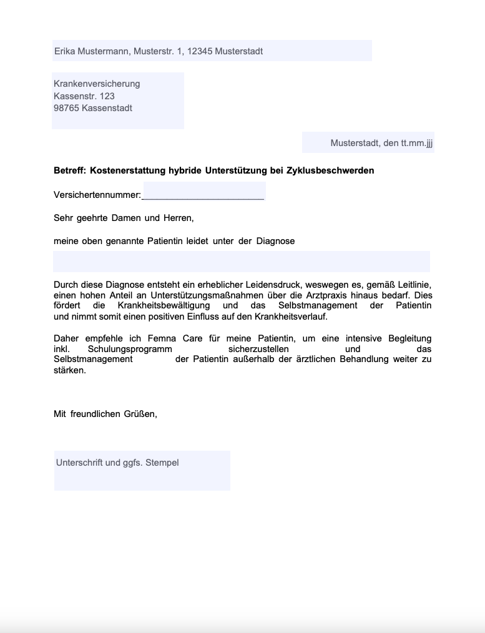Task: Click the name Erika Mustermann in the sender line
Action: pyautogui.click(x=92, y=51)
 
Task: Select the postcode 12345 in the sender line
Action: pyautogui.click(x=200, y=51)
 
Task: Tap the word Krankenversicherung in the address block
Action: pyautogui.click(x=97, y=84)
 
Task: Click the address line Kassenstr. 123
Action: pyautogui.click(x=84, y=96)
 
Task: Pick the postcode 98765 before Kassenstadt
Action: pyautogui.click(x=66, y=108)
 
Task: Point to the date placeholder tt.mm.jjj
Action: pyautogui.click(x=417, y=143)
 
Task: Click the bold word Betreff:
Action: pyautogui.click(x=70, y=170)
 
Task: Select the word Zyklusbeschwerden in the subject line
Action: pyautogui.click(x=330, y=170)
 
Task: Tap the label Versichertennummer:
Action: pyautogui.click(x=97, y=195)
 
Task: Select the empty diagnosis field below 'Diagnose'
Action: pyautogui.click(x=242, y=262)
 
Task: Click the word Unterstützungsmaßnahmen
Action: pyautogui.click(x=189, y=295)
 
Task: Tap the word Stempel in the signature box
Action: pyautogui.click(x=162, y=463)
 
